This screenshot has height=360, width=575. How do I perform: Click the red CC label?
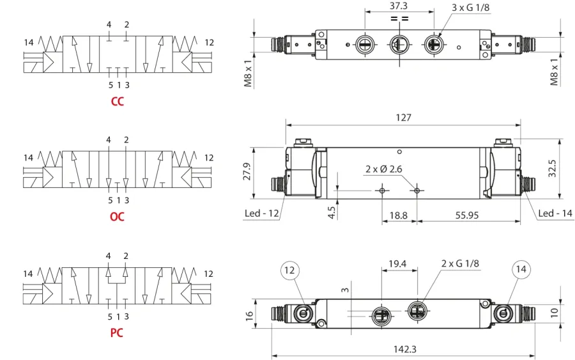tap(118, 101)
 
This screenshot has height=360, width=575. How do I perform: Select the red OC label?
tap(117, 217)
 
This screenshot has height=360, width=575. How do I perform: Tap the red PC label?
tap(117, 333)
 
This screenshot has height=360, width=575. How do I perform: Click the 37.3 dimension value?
tap(399, 6)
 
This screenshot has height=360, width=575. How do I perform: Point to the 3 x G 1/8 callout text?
tap(470, 7)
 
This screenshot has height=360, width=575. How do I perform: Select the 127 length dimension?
tap(403, 118)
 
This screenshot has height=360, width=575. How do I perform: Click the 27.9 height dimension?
tap(247, 171)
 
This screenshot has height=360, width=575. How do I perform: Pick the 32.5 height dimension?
tap(552, 168)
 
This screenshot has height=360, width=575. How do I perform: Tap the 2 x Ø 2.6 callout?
tap(383, 169)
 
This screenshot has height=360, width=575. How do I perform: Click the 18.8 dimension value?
tap(398, 215)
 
